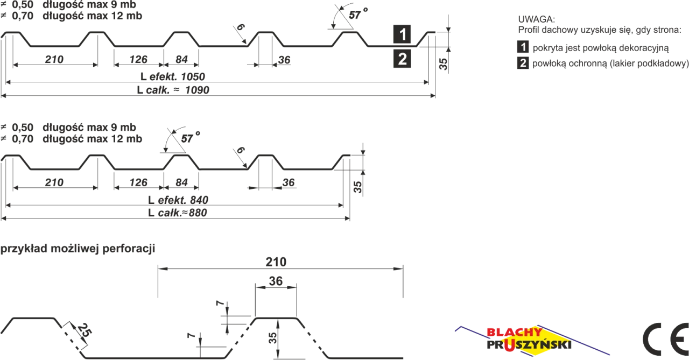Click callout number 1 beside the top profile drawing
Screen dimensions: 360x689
coord(403,35)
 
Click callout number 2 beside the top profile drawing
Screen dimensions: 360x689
coord(403,59)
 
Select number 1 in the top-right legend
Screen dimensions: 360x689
coord(523,47)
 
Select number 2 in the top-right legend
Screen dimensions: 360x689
coord(523,63)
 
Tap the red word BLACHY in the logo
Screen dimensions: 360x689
coord(514,332)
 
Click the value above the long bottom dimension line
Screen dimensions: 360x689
coord(276,261)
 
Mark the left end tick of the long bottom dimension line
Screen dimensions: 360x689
coord(157,281)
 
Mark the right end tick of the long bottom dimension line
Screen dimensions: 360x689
coord(403,281)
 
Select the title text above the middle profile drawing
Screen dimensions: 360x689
coord(73,132)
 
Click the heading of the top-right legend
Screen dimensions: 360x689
coord(536,22)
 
